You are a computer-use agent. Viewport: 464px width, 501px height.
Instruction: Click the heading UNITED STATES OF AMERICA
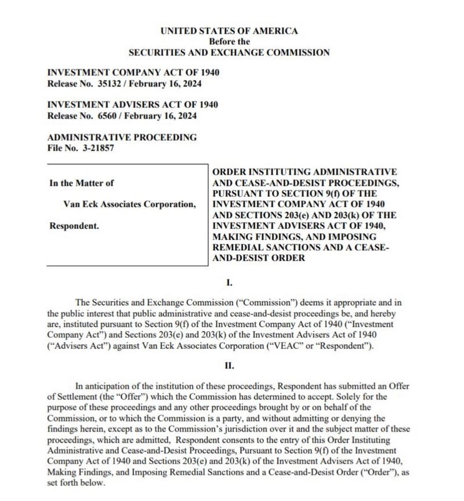click(x=229, y=31)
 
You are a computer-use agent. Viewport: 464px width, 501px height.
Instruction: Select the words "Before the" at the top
click(x=229, y=41)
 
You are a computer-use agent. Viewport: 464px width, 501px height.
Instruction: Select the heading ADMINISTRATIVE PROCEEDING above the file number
click(x=122, y=138)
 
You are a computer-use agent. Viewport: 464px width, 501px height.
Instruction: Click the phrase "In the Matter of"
click(x=82, y=183)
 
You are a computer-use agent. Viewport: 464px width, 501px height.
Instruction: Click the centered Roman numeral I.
click(x=229, y=283)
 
